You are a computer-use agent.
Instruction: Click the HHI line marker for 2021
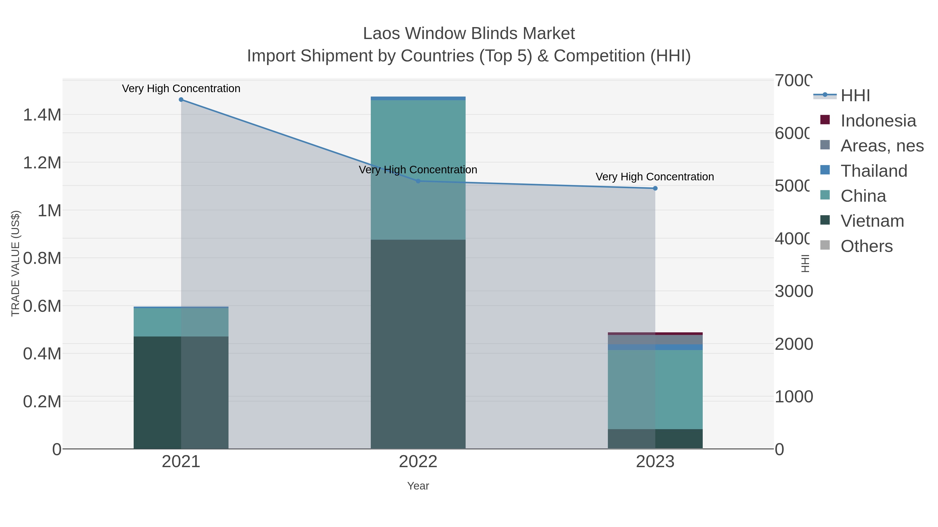[x=181, y=100]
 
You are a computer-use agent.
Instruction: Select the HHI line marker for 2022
[x=418, y=181]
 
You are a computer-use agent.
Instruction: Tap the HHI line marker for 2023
[x=655, y=188]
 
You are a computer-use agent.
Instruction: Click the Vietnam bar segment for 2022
[x=418, y=344]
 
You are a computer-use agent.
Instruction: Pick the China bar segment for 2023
[x=655, y=389]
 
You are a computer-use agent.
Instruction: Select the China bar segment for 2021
[x=181, y=322]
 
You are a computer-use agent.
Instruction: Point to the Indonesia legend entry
[x=878, y=121]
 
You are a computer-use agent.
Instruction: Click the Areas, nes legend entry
[x=881, y=146]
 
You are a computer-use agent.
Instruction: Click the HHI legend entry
[x=855, y=96]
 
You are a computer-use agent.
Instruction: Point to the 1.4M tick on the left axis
[x=42, y=115]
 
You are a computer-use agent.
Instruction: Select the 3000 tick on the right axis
[x=793, y=291]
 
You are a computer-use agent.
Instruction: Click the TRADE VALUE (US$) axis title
[x=15, y=263]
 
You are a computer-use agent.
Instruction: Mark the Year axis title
[x=418, y=486]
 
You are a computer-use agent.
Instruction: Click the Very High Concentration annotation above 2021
[x=181, y=88]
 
